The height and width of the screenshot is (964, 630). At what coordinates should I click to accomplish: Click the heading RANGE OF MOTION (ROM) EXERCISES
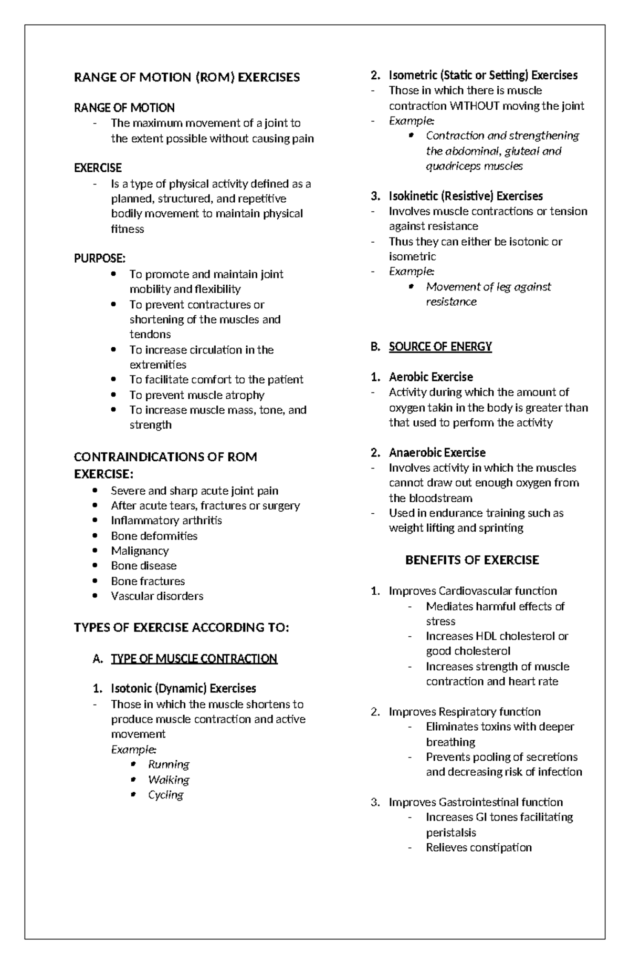click(x=187, y=77)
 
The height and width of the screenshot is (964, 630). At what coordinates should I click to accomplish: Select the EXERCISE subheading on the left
click(x=98, y=168)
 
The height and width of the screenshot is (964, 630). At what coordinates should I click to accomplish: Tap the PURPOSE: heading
click(x=100, y=258)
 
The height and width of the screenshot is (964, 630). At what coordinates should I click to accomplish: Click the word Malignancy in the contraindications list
click(x=140, y=551)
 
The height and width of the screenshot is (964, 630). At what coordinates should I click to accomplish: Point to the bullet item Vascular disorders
click(x=157, y=596)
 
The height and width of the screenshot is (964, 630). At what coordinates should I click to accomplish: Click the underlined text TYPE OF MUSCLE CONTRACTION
click(x=194, y=658)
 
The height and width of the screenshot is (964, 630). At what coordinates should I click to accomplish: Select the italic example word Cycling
click(x=165, y=794)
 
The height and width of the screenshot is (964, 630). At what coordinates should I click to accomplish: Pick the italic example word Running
click(x=169, y=764)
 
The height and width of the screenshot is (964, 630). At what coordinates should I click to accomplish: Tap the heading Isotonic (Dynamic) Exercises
click(x=183, y=688)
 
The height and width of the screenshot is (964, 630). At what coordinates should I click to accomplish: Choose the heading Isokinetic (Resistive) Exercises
click(x=466, y=196)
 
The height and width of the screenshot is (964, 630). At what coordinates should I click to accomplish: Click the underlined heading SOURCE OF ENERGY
click(x=440, y=346)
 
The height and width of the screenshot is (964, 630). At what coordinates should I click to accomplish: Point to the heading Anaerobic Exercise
click(x=437, y=452)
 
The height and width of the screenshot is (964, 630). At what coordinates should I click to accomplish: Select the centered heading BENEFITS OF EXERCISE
click(x=472, y=560)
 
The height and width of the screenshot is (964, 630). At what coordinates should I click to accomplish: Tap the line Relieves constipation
click(x=479, y=847)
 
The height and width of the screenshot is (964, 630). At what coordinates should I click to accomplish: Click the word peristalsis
click(x=451, y=833)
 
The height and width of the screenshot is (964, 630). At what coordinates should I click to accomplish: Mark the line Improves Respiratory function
click(x=465, y=711)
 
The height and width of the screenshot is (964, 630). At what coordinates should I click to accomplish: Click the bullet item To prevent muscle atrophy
click(x=197, y=395)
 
